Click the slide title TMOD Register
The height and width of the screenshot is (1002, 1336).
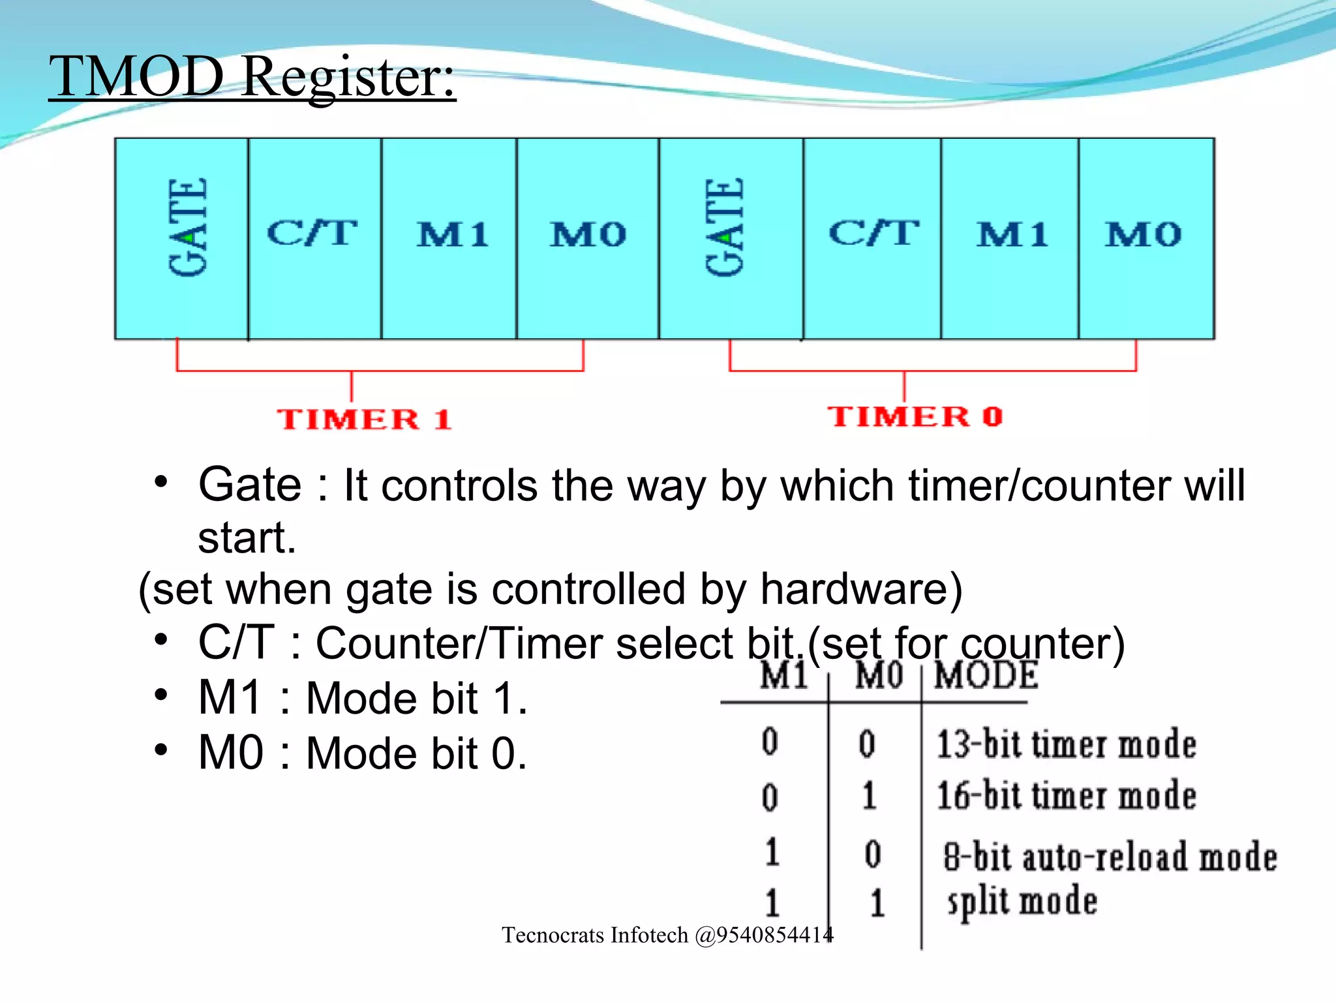[252, 77]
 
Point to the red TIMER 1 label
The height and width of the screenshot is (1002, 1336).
[363, 419]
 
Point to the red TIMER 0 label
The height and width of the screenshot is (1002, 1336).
[915, 417]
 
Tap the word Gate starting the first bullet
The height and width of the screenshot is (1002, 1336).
[250, 485]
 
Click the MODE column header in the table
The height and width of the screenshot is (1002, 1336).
[986, 676]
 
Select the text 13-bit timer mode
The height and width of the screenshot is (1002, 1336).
[1066, 745]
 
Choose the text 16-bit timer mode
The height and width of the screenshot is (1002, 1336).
[1066, 797]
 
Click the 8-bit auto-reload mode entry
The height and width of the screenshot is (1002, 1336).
[1109, 857]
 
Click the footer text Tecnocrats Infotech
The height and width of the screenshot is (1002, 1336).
[667, 935]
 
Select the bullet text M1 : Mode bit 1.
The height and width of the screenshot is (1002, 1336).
[362, 699]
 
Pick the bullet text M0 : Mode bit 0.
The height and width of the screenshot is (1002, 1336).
[362, 753]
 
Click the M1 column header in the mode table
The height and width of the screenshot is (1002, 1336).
[783, 676]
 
